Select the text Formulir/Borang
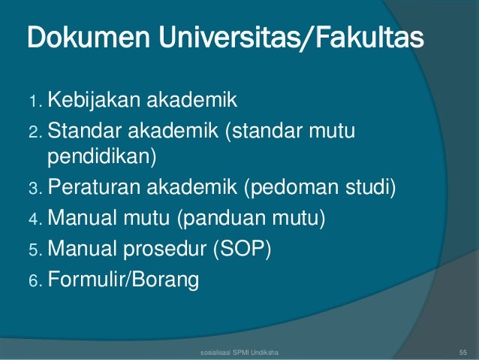click(124, 280)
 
